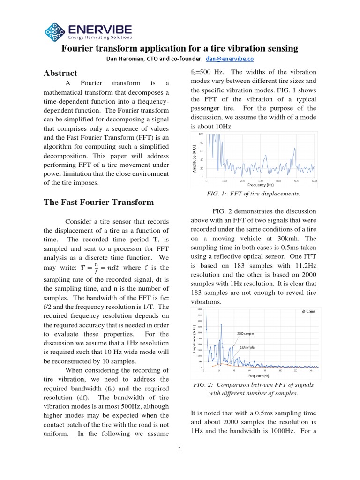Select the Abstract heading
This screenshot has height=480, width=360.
pos(60,73)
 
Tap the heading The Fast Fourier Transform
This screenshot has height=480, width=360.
pos(98,202)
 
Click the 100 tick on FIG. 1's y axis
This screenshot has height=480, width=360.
pos(202,135)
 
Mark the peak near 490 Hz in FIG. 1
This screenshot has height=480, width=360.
pos(294,149)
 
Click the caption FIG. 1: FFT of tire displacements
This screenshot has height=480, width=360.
pos(254,194)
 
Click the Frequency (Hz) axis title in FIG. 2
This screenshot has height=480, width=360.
pos(259,376)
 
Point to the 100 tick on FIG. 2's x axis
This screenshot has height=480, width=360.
pos(280,370)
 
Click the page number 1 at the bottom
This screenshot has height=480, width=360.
pos(180,449)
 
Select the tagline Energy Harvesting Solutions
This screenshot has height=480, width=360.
pos(100,37)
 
